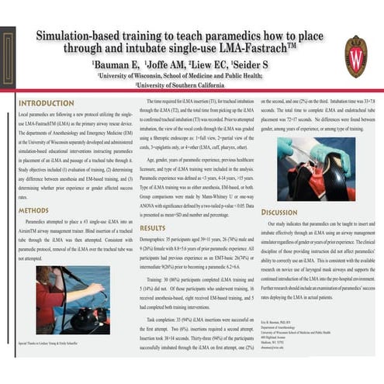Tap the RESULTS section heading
(x=153, y=228)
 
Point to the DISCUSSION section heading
(x=280, y=212)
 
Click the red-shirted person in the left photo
(x=48, y=299)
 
